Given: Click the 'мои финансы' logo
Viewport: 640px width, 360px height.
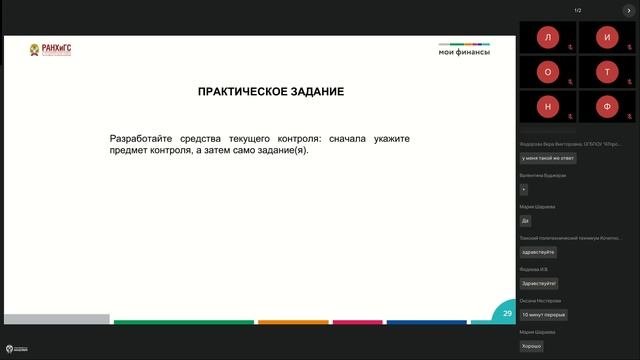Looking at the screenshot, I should pos(463,51).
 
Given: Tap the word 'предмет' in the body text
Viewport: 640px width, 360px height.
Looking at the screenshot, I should pos(130,151).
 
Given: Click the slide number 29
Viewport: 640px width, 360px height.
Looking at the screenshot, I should pos(508,313).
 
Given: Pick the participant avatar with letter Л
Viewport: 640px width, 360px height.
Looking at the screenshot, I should pos(548,37).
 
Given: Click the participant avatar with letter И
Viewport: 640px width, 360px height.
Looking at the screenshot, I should pos(607,37).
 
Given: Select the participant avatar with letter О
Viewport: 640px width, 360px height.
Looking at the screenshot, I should pos(548,72).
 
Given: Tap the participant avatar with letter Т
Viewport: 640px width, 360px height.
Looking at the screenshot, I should pos(607,72).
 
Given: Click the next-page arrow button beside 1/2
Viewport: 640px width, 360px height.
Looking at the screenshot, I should pos(629,10).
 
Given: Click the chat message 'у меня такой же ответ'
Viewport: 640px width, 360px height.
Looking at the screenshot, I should pos(548,158).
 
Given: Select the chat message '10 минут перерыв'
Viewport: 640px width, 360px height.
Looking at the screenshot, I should pos(544,314).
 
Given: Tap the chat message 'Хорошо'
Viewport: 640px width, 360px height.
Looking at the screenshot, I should pos(531,346).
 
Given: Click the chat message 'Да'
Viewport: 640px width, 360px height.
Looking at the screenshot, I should pos(525,220).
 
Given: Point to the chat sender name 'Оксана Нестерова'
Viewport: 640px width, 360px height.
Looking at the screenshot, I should pos(541,300).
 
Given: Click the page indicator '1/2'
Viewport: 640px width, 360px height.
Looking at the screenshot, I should pos(578,10).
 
